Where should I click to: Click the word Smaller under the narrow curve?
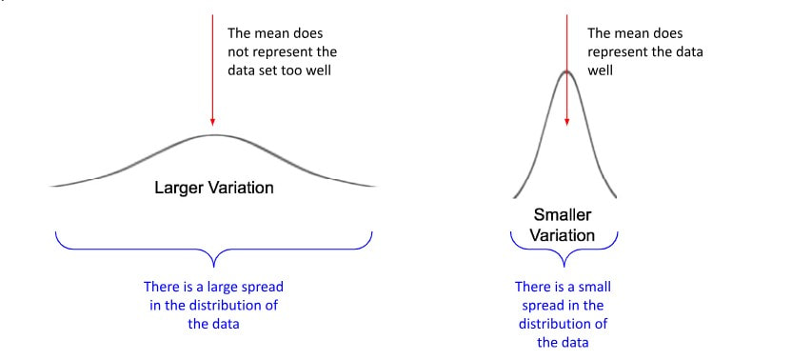pos(563,215)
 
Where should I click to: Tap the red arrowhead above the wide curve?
pos(212,123)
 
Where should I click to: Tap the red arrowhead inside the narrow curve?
pos(567,121)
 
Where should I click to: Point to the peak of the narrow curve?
pos(567,71)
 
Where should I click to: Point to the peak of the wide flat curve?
pos(213,135)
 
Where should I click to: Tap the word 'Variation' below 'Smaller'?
pos(563,234)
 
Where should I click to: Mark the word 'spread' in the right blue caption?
pos(545,305)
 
